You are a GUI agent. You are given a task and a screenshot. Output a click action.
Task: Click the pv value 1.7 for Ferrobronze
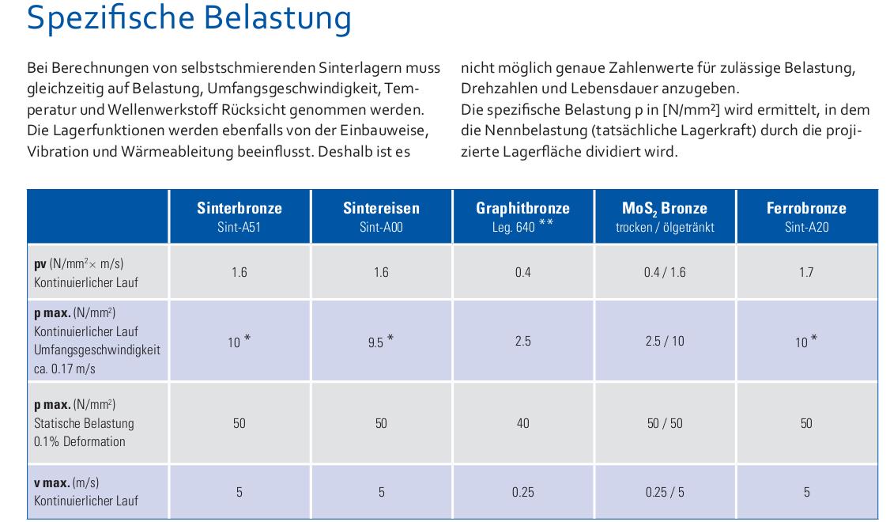tap(806, 273)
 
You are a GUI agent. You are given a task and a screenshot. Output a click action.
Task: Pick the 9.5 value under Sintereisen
tap(375, 342)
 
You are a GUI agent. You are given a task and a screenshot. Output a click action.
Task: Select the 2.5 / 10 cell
tap(665, 342)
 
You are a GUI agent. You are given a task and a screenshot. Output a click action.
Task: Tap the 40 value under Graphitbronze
tap(522, 423)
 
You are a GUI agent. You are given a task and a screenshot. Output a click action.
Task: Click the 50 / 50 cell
tap(665, 423)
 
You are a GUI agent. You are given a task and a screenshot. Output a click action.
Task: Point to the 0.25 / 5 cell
tap(665, 492)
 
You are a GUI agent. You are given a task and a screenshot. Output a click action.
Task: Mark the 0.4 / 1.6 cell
tap(665, 273)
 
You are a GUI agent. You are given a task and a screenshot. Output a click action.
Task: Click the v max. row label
tap(66, 482)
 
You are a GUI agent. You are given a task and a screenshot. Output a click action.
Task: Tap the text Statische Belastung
tap(84, 423)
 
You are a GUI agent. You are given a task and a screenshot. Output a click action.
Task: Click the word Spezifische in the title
tap(111, 19)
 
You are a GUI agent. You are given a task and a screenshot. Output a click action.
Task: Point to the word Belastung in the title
tap(277, 19)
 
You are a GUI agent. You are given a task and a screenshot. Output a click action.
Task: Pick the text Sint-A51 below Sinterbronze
tap(239, 227)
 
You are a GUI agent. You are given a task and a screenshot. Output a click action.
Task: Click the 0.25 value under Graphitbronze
tap(522, 492)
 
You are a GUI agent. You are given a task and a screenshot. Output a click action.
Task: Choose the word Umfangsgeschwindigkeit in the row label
tap(97, 350)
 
